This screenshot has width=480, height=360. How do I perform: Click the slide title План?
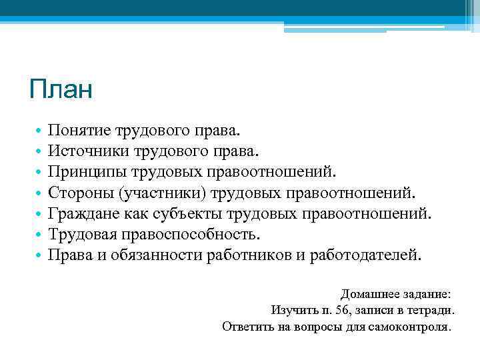point(61,89)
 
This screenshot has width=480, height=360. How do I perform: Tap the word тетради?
point(431,310)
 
